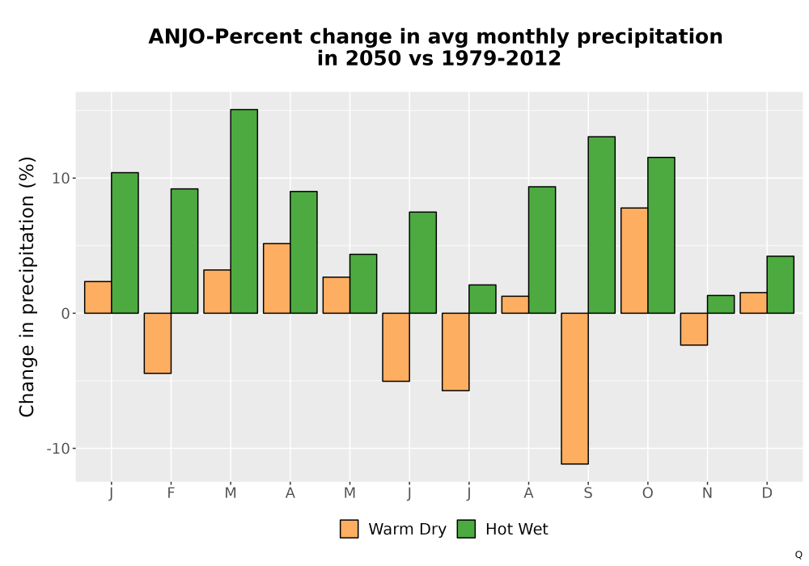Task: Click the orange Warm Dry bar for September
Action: [574, 389]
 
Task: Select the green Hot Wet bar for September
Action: [602, 225]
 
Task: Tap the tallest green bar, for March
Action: [244, 211]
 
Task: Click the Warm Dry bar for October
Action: [634, 260]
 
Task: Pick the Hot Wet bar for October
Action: [662, 235]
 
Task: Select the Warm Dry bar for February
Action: [158, 344]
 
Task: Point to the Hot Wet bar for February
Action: [184, 251]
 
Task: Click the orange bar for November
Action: [694, 329]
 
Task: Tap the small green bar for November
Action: [721, 304]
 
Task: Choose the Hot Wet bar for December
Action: [780, 285]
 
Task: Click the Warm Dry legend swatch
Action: [349, 529]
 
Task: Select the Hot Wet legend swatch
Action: [467, 529]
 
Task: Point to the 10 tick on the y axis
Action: [61, 179]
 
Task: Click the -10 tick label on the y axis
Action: [58, 449]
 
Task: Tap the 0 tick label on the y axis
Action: [66, 314]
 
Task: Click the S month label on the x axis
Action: [588, 493]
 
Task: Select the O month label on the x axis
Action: [647, 493]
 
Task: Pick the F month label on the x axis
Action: [171, 493]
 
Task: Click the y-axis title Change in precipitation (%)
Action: [27, 286]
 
